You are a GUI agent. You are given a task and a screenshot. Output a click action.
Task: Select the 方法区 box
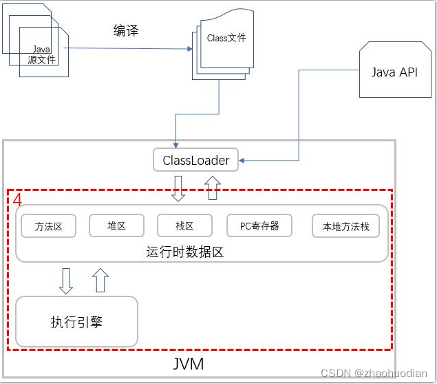(50, 226)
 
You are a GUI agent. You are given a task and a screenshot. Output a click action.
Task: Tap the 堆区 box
(116, 225)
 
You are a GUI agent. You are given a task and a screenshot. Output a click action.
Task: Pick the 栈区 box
(184, 225)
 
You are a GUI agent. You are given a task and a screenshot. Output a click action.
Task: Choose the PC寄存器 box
(259, 225)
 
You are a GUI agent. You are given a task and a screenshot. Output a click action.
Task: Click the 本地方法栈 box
(345, 226)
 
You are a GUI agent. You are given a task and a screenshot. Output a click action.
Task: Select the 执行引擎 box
(76, 322)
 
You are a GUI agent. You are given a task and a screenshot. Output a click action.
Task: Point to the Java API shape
(394, 72)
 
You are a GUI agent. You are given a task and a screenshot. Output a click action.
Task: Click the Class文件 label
(226, 39)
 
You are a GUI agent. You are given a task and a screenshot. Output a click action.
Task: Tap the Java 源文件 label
(42, 55)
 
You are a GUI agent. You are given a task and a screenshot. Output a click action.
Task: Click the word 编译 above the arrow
(126, 31)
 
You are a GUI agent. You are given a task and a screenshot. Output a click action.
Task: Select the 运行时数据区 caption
(185, 252)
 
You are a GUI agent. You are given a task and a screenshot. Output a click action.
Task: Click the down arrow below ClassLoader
(178, 188)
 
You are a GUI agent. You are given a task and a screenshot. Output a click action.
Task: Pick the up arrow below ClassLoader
(213, 188)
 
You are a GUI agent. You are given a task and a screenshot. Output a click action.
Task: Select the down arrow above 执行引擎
(66, 279)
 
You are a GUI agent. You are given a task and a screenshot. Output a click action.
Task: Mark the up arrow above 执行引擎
(100, 279)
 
